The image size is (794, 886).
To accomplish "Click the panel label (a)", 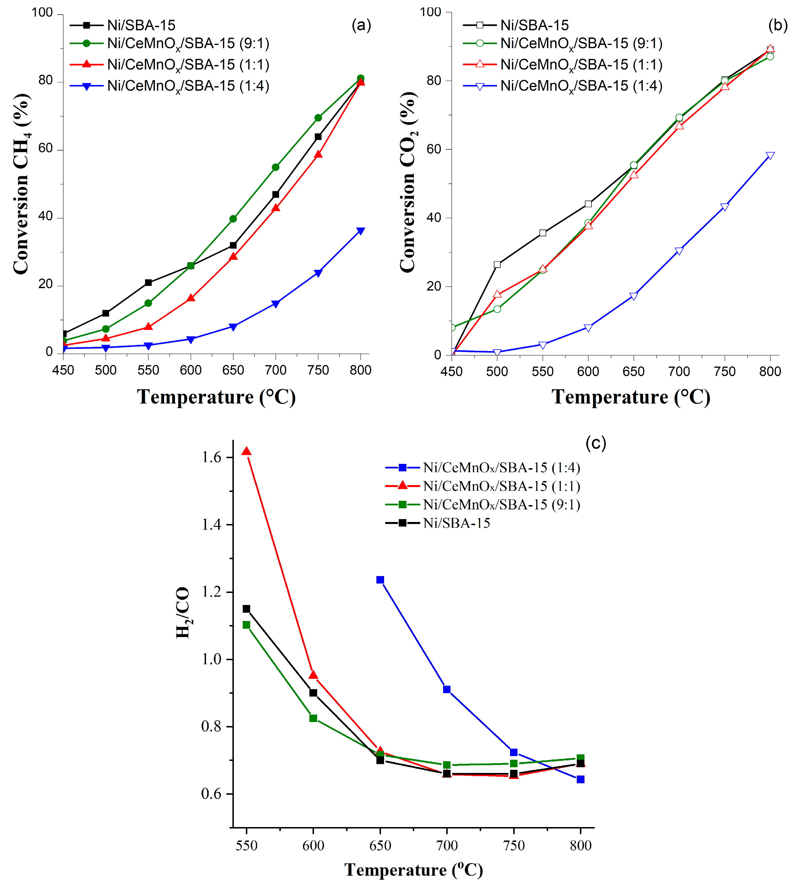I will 361,25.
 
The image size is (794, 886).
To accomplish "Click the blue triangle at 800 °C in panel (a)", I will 360,231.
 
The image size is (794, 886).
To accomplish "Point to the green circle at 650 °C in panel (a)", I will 233,219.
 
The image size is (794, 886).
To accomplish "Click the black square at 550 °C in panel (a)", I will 148,283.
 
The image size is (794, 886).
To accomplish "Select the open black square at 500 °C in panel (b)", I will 497,264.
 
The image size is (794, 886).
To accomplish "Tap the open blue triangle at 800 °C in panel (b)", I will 770,156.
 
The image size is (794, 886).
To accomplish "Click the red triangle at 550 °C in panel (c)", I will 246,451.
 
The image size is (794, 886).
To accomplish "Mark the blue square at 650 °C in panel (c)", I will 380,580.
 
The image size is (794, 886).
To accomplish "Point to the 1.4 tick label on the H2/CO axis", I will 211,525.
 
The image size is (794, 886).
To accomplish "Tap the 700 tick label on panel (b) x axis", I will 679,372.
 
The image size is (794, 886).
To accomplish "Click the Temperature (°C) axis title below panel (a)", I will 216,397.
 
